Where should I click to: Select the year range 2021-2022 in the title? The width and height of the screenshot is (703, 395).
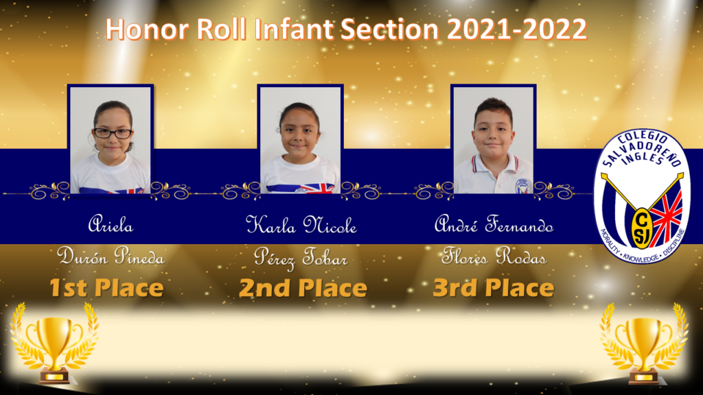(517, 29)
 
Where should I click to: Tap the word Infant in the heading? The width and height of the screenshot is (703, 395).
(294, 29)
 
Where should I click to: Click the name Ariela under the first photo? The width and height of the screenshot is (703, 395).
(111, 224)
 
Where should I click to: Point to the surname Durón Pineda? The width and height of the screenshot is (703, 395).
(111, 256)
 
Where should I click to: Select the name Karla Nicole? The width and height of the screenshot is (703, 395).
(301, 225)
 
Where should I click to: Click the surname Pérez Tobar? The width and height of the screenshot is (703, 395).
(301, 258)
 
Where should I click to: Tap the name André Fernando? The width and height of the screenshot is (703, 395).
(494, 224)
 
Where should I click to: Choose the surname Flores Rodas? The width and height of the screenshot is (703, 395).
(494, 256)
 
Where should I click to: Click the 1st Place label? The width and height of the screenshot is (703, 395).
(106, 287)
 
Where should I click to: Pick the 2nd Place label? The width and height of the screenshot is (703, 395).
(303, 287)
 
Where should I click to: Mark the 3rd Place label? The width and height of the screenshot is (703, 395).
(493, 287)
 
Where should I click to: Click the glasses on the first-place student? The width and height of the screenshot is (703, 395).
(113, 133)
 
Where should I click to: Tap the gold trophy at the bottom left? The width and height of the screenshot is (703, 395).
(54, 343)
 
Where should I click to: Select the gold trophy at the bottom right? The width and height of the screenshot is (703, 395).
(644, 343)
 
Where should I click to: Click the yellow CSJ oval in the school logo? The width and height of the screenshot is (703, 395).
(642, 228)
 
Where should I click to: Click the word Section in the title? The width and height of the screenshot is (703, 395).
(389, 29)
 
